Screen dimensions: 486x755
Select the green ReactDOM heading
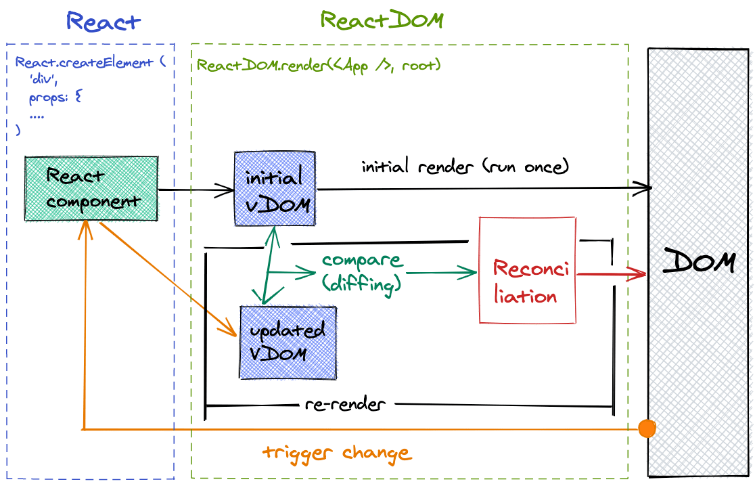pyautogui.click(x=382, y=20)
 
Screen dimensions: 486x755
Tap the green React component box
pyautogui.click(x=91, y=188)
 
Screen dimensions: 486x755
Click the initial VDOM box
pyautogui.click(x=274, y=188)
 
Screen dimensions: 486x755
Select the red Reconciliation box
pyautogui.click(x=527, y=270)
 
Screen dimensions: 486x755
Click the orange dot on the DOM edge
pyautogui.click(x=647, y=428)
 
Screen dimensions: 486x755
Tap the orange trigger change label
pyautogui.click(x=336, y=452)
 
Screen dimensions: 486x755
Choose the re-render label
pyautogui.click(x=345, y=405)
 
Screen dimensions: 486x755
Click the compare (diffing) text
pyautogui.click(x=362, y=272)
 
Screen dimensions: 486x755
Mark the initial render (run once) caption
pyautogui.click(x=465, y=166)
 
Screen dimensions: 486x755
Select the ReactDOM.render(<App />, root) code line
pyautogui.click(x=319, y=66)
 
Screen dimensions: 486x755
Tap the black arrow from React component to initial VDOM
pyautogui.click(x=196, y=191)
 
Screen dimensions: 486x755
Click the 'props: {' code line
pyautogui.click(x=55, y=98)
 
